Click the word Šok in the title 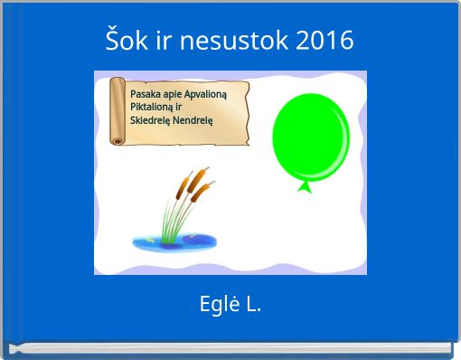[x=125, y=41]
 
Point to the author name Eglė [x=217, y=304]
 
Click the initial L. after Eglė [x=252, y=304]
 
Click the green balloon [x=310, y=137]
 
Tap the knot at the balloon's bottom [x=306, y=187]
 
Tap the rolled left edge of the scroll [x=117, y=109]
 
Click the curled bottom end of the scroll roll [x=117, y=140]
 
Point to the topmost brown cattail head [x=203, y=172]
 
